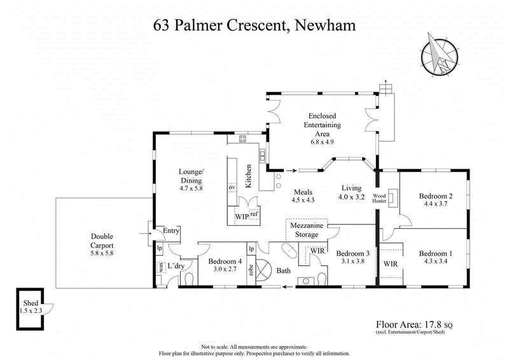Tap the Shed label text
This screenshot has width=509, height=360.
(x=31, y=303)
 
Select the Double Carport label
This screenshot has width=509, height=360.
(x=101, y=239)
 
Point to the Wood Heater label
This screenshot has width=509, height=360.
(x=380, y=199)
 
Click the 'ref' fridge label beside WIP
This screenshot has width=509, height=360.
(x=253, y=214)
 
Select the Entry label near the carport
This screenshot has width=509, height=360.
(x=171, y=230)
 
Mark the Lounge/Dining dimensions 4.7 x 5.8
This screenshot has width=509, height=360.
(x=191, y=188)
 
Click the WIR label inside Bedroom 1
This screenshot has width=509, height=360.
(x=390, y=262)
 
